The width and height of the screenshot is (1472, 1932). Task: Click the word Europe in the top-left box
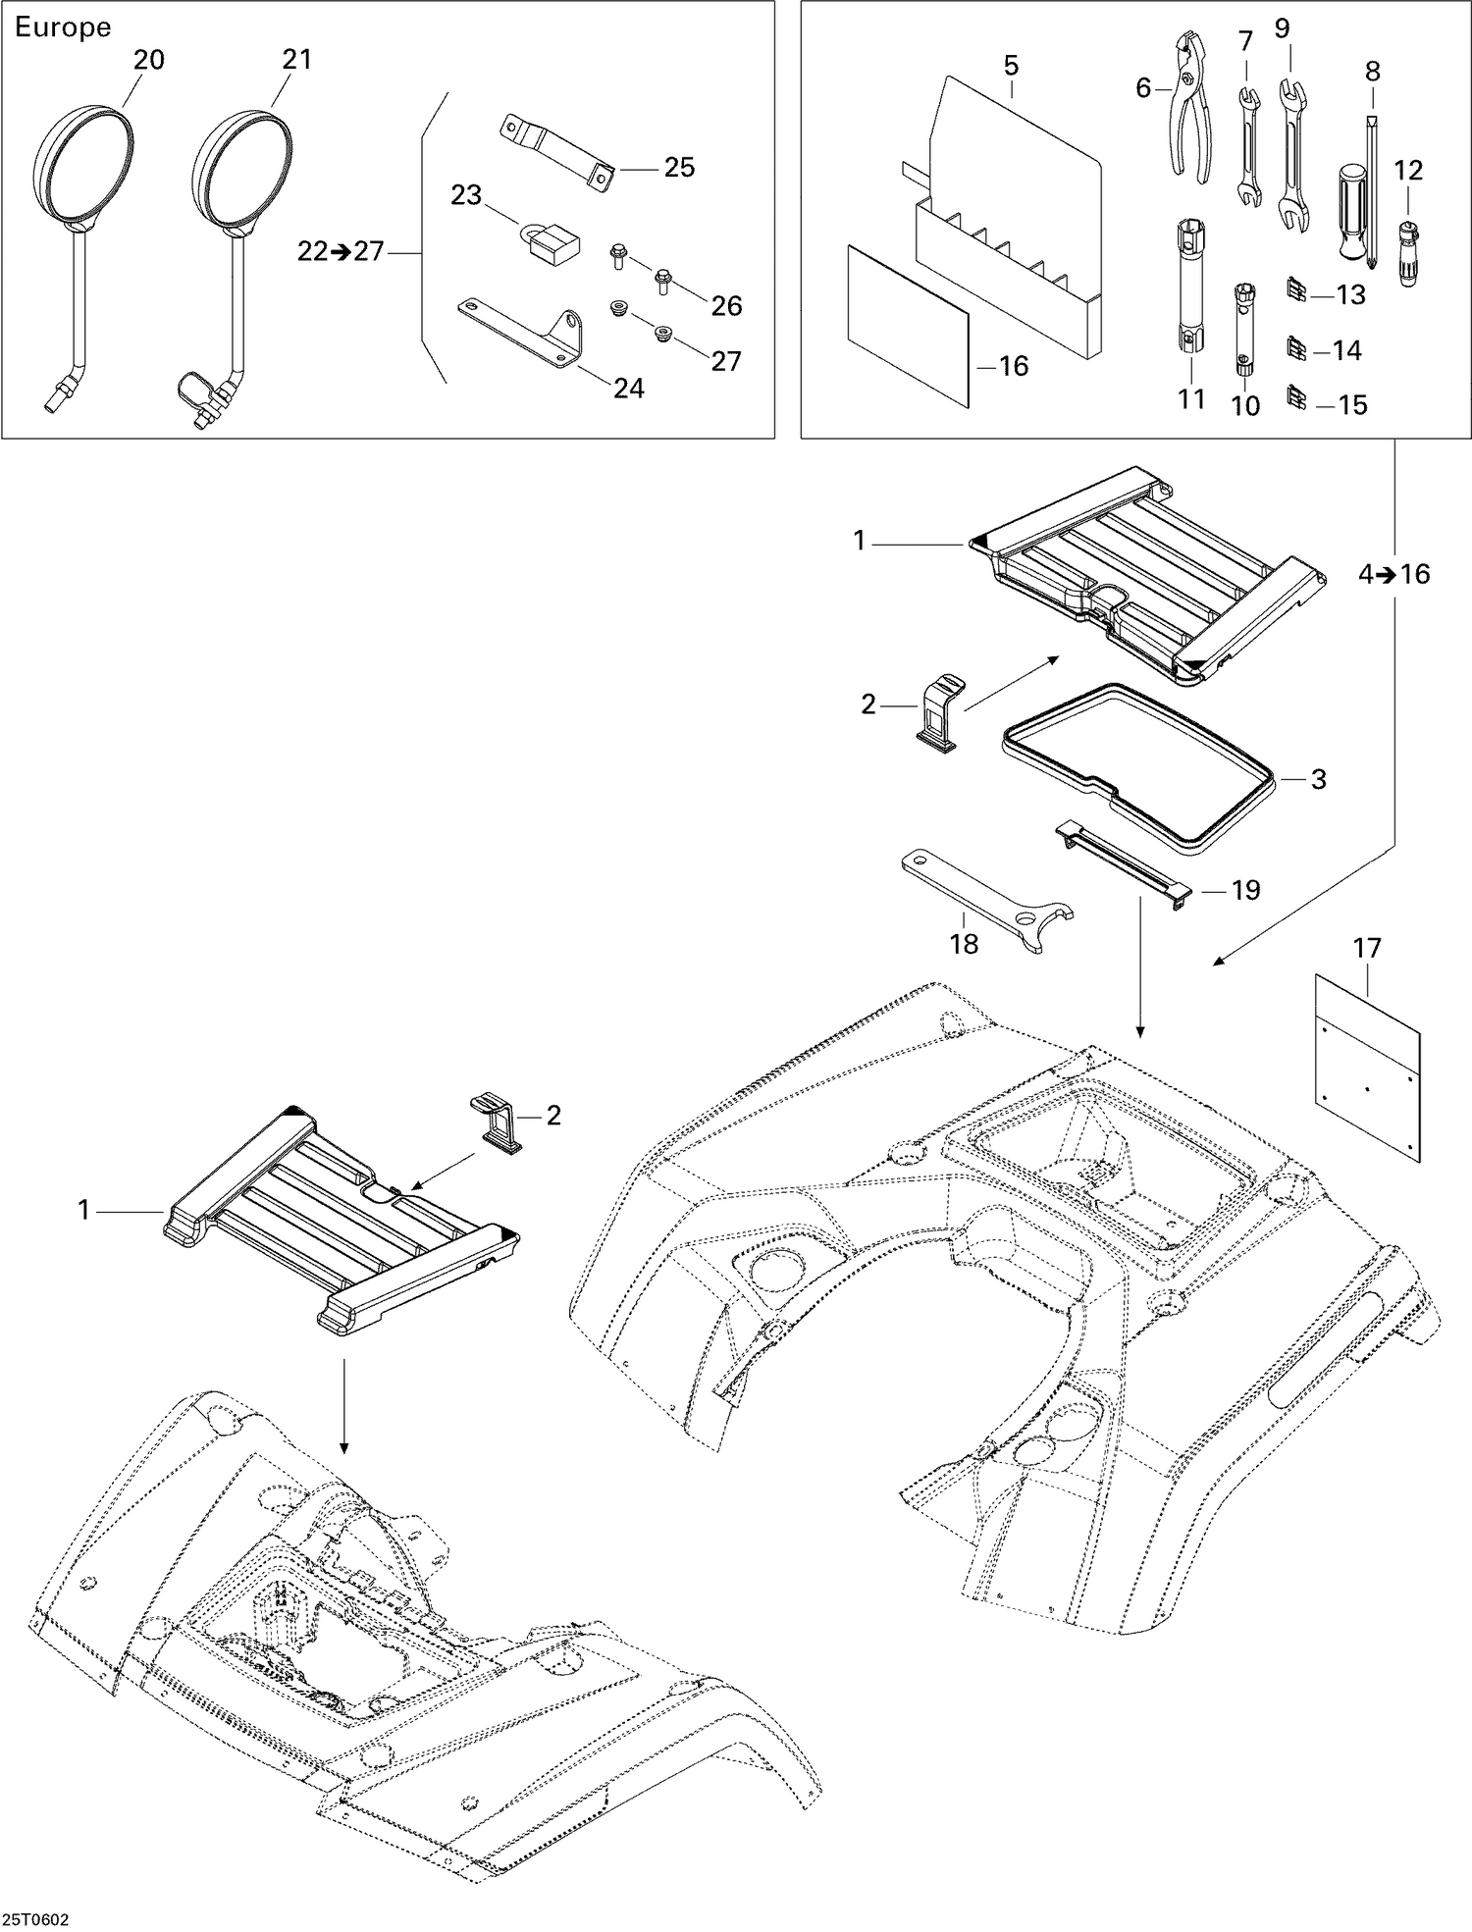63,27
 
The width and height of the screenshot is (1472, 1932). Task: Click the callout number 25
679,168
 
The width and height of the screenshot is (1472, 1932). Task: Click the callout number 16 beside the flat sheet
1013,366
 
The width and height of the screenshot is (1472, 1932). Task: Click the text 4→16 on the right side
1393,574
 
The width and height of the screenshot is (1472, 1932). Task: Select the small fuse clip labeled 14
1295,348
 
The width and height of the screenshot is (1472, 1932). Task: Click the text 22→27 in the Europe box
341,252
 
